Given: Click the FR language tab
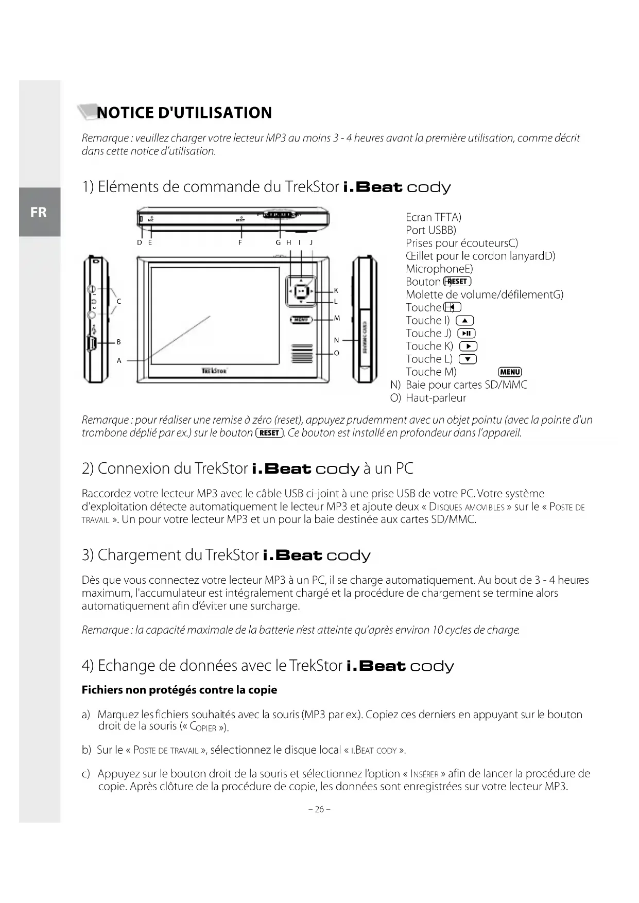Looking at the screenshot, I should pos(39,212).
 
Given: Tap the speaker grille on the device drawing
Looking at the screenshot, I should pos(302,353).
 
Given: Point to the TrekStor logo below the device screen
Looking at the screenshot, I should pos(215,370).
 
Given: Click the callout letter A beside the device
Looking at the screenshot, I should pos(119,360).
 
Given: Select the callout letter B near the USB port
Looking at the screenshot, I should pos(119,342).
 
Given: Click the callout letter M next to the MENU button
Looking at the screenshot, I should pos(337,318).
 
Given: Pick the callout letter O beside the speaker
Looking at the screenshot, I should pos(337,353).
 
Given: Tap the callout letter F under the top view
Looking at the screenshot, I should pos(240,242).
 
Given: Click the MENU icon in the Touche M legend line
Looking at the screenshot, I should pos(510,372).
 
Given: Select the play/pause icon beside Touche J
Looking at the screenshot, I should pos(467,333).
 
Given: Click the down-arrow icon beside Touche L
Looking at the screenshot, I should pos(468,359).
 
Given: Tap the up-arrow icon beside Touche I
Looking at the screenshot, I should pos(465,320).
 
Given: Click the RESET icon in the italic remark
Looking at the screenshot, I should pos(269,432).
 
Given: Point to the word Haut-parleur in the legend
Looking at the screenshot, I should pos(436,397).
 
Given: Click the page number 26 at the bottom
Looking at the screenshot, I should pos(319,809).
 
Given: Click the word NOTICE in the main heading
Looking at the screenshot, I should pos(125,113).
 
